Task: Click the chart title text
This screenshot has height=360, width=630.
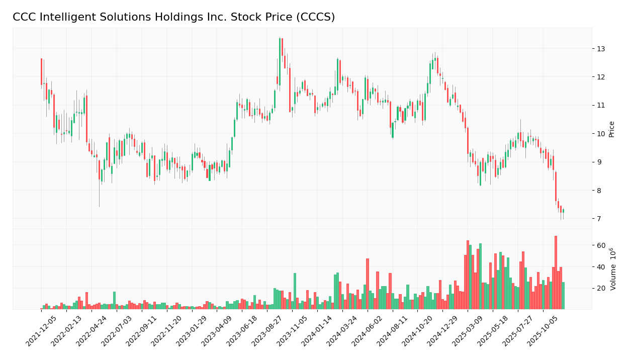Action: pyautogui.click(x=173, y=18)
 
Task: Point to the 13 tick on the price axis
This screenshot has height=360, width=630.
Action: pyautogui.click(x=601, y=49)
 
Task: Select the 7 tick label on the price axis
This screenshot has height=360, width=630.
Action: pyautogui.click(x=599, y=219)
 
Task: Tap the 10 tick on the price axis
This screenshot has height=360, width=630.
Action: pyautogui.click(x=601, y=134)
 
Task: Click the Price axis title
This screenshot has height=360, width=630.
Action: pyautogui.click(x=612, y=129)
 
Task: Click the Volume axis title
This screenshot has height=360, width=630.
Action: pyautogui.click(x=613, y=268)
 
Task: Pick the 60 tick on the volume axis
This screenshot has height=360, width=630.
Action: pyautogui.click(x=601, y=245)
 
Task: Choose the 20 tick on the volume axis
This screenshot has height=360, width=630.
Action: pyautogui.click(x=601, y=289)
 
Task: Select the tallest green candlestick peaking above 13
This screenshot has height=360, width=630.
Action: pyautogui.click(x=280, y=60)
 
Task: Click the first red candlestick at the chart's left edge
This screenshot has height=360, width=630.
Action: pyautogui.click(x=41, y=71)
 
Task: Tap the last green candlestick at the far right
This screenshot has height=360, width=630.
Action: pyautogui.click(x=563, y=211)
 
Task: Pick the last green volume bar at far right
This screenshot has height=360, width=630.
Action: pyautogui.click(x=563, y=296)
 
